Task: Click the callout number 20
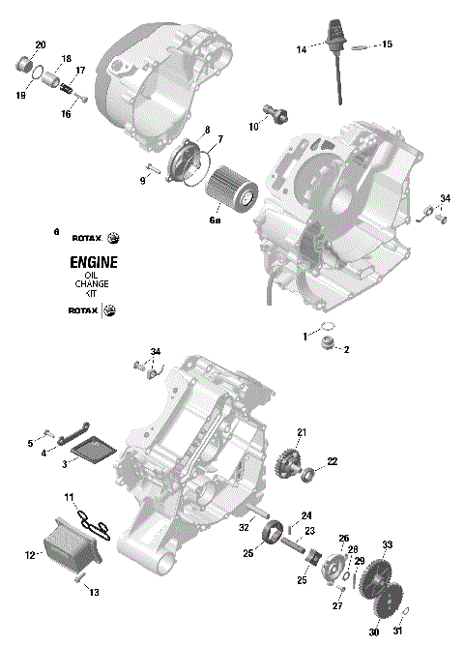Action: [40, 45]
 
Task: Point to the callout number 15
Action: [387, 44]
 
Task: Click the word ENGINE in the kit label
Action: [94, 262]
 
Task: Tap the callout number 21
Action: [301, 431]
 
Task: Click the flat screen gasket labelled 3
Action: [94, 448]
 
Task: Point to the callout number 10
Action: [253, 127]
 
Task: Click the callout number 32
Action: [244, 529]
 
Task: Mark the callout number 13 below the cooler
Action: [94, 593]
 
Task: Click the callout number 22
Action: [332, 462]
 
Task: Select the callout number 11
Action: [69, 497]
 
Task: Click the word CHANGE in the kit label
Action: [93, 287]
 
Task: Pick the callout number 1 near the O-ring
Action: [305, 336]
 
